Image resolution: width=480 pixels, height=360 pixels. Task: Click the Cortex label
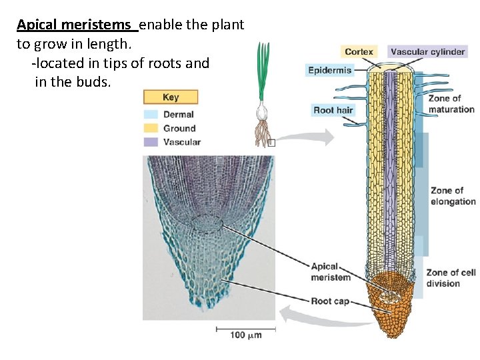(359, 51)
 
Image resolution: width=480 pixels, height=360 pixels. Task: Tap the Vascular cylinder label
(427, 51)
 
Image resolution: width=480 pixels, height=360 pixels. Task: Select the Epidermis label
(329, 70)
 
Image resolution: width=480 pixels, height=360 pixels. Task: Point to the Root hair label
(333, 110)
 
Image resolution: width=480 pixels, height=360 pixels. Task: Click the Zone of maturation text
(451, 104)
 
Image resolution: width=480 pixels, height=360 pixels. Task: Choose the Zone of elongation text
(453, 196)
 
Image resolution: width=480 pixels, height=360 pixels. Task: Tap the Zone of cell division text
(451, 277)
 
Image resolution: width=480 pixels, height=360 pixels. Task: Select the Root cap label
(330, 301)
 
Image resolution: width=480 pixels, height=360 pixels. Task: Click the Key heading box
(171, 97)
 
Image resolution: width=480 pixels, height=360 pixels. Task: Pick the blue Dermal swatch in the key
(150, 115)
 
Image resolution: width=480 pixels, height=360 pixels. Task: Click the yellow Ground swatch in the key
(150, 128)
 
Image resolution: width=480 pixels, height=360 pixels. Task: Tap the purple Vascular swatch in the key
(150, 141)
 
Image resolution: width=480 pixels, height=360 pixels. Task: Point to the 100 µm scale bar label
(246, 335)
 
